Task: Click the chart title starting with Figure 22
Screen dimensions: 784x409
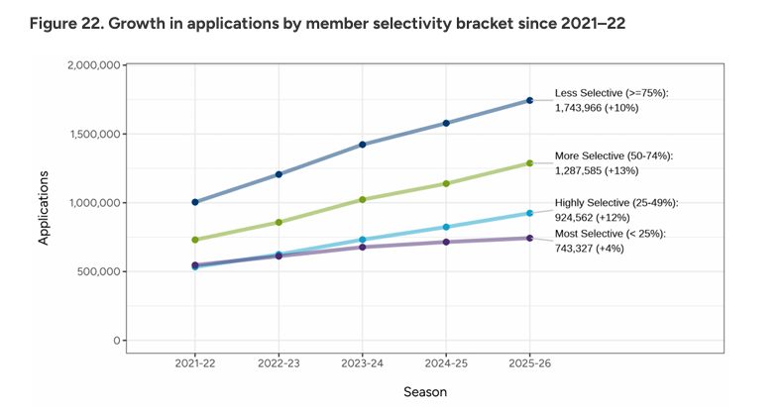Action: coord(327,24)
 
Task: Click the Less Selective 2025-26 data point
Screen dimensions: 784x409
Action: coord(529,100)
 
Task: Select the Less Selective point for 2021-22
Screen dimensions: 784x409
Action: coord(195,202)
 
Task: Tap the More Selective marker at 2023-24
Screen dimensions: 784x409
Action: coord(363,199)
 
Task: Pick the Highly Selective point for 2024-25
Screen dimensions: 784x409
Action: coord(446,227)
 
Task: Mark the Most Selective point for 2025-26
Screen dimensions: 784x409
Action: coord(529,239)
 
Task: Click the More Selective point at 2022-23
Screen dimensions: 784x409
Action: coord(279,222)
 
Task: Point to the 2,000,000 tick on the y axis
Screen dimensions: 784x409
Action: coord(93,65)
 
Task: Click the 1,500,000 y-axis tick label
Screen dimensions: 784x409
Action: coord(95,134)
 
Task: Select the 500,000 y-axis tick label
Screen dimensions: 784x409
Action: coord(98,271)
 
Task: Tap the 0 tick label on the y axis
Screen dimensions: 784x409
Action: coord(117,341)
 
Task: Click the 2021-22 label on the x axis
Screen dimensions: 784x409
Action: coord(195,363)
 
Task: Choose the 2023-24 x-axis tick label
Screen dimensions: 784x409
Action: coord(363,363)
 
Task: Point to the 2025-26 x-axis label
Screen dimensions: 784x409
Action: coord(529,363)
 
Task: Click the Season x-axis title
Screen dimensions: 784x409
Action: coord(425,392)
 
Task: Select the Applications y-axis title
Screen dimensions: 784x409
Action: coord(44,208)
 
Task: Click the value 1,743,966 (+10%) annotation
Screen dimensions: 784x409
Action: coord(597,108)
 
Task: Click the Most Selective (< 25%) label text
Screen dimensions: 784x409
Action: coord(610,234)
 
